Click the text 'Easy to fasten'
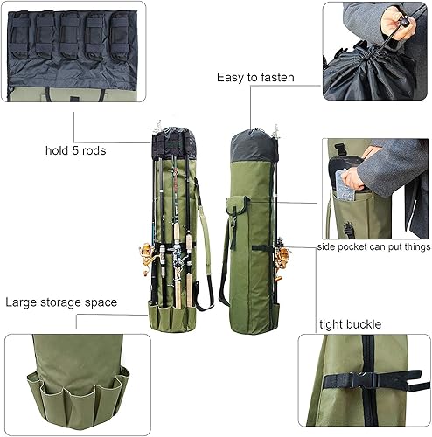[255, 78]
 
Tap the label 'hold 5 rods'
[77, 150]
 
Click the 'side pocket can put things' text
[373, 247]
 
